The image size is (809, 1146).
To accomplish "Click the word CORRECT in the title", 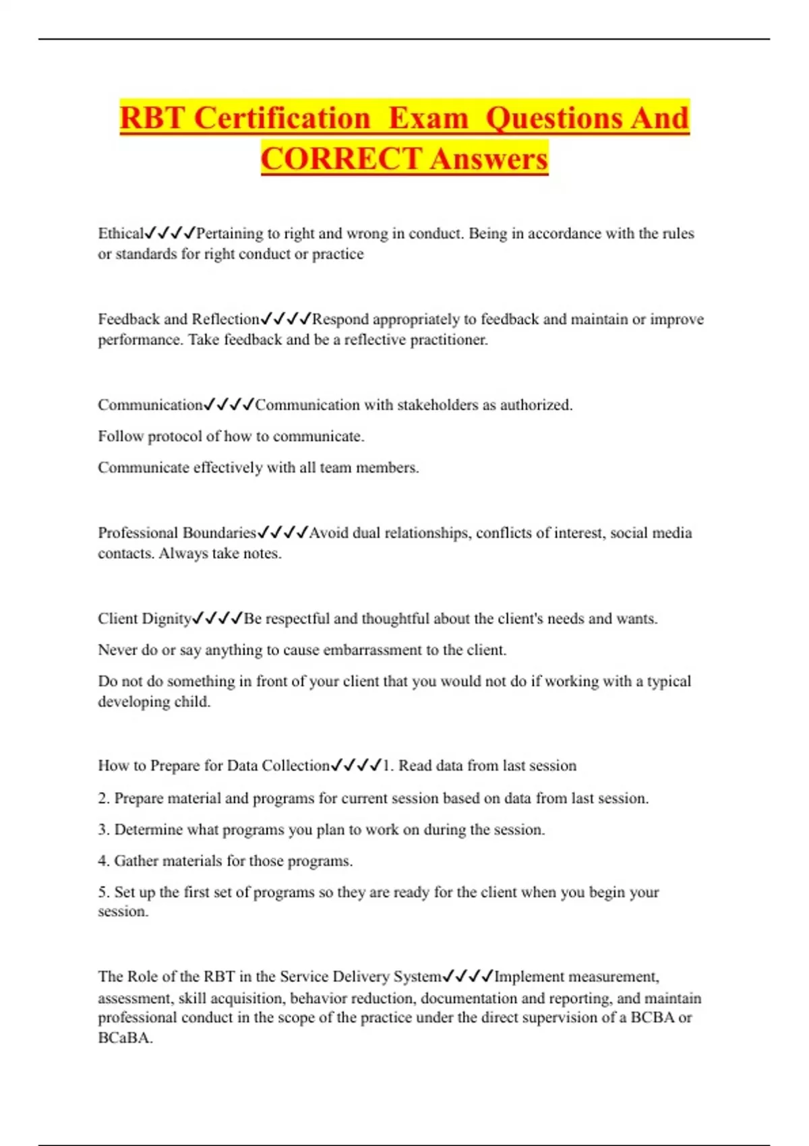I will (x=342, y=159).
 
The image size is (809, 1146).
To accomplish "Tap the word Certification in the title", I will (x=282, y=118).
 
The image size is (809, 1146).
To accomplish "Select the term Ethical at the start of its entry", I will (x=121, y=233).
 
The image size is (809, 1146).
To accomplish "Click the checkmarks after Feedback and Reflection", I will (x=286, y=319).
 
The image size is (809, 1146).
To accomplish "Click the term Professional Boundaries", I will (x=177, y=533).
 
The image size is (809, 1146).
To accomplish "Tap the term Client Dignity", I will (x=144, y=619).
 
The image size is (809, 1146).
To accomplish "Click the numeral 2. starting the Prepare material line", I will (x=104, y=799).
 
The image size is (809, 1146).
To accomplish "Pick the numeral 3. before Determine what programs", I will (x=104, y=830).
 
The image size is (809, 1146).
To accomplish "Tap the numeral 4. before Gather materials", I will (x=104, y=861).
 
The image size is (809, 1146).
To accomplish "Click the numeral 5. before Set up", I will (x=104, y=893).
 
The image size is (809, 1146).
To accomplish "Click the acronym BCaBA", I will (x=125, y=1038).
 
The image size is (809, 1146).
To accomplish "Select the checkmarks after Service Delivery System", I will (x=468, y=976).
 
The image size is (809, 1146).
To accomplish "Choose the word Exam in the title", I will (x=428, y=118).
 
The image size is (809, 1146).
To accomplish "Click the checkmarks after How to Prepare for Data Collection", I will (x=356, y=766).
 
